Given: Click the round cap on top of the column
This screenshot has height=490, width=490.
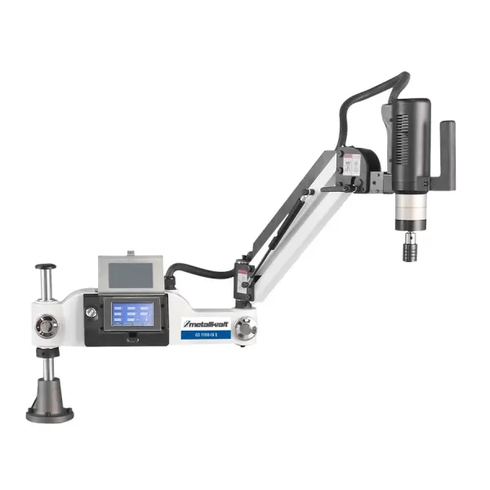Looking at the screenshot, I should pyautogui.click(x=45, y=267).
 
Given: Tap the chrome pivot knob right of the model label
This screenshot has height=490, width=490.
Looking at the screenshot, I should pyautogui.click(x=243, y=329).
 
